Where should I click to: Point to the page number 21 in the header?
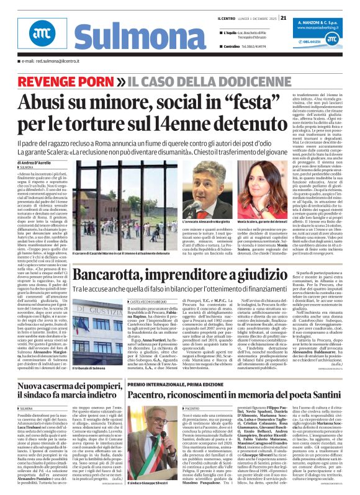(x=283, y=17)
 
